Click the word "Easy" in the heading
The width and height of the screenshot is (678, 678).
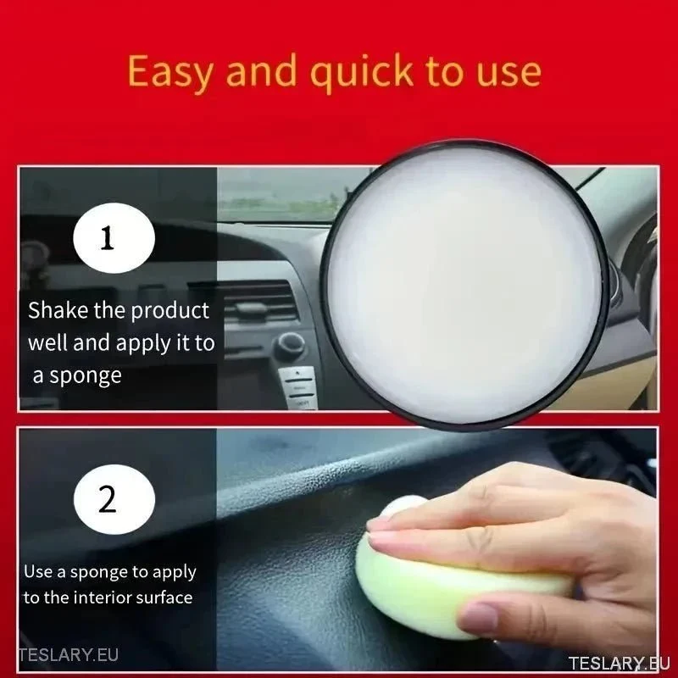pos(170,71)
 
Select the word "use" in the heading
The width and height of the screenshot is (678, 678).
pos(508,75)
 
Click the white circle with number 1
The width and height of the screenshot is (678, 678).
pos(114,238)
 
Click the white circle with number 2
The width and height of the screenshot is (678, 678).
pos(114,499)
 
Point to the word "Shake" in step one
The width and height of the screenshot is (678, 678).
pos(58,310)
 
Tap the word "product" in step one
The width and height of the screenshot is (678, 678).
pos(170,311)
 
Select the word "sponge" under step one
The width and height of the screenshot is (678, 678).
pos(86,376)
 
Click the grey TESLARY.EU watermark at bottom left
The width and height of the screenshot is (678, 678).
pos(69,654)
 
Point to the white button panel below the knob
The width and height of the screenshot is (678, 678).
pos(298,387)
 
